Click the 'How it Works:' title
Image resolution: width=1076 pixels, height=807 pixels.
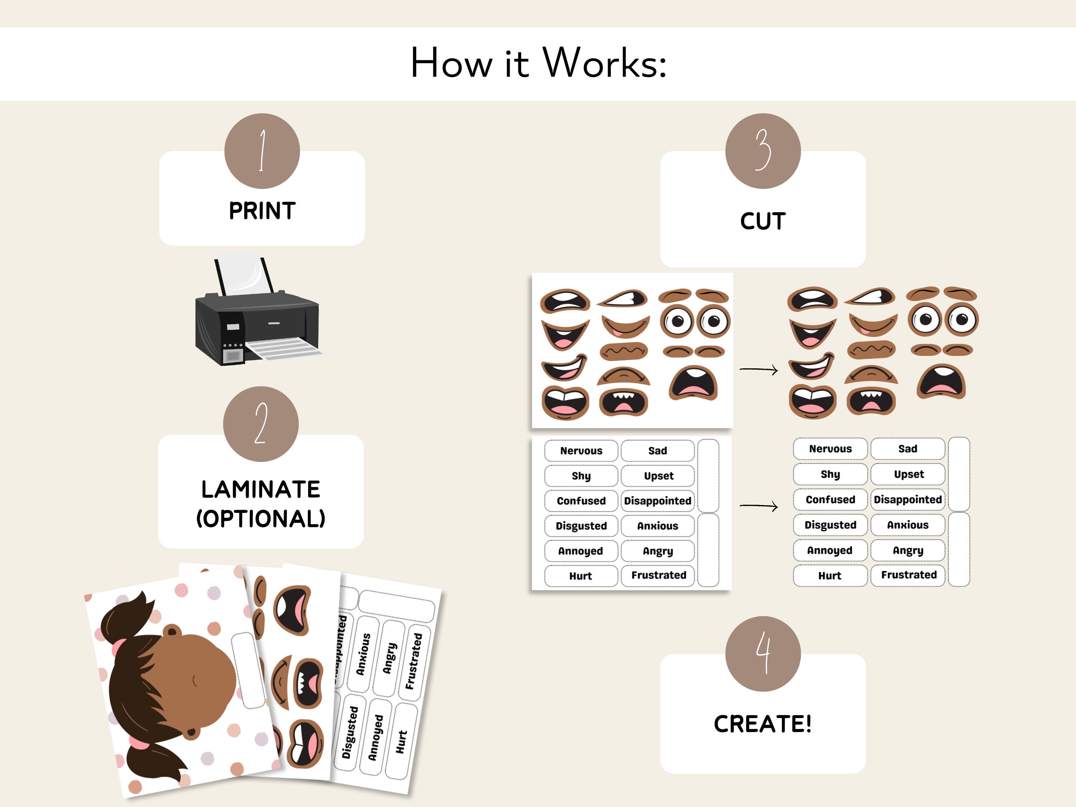point(538,63)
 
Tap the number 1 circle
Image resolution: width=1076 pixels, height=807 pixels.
point(262,151)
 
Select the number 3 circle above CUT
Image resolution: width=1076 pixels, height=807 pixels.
point(763,151)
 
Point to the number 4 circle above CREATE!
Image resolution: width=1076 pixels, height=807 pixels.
point(763,654)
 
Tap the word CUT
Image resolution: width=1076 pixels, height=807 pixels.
point(763,221)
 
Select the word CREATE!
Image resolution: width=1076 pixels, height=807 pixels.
point(763,724)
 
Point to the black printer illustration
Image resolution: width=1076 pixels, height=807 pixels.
point(258,311)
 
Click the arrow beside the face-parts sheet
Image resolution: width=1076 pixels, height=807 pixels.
point(759,370)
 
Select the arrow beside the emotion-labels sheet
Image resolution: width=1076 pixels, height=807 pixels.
point(759,506)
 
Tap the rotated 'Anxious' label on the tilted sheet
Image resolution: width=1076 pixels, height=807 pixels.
point(363,654)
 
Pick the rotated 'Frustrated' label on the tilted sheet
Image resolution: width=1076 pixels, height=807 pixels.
point(414,661)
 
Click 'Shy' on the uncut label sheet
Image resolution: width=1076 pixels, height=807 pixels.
point(581,476)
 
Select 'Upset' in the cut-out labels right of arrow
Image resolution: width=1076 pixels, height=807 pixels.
point(909,474)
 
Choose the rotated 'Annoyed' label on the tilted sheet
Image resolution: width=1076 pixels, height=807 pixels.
point(376,737)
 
